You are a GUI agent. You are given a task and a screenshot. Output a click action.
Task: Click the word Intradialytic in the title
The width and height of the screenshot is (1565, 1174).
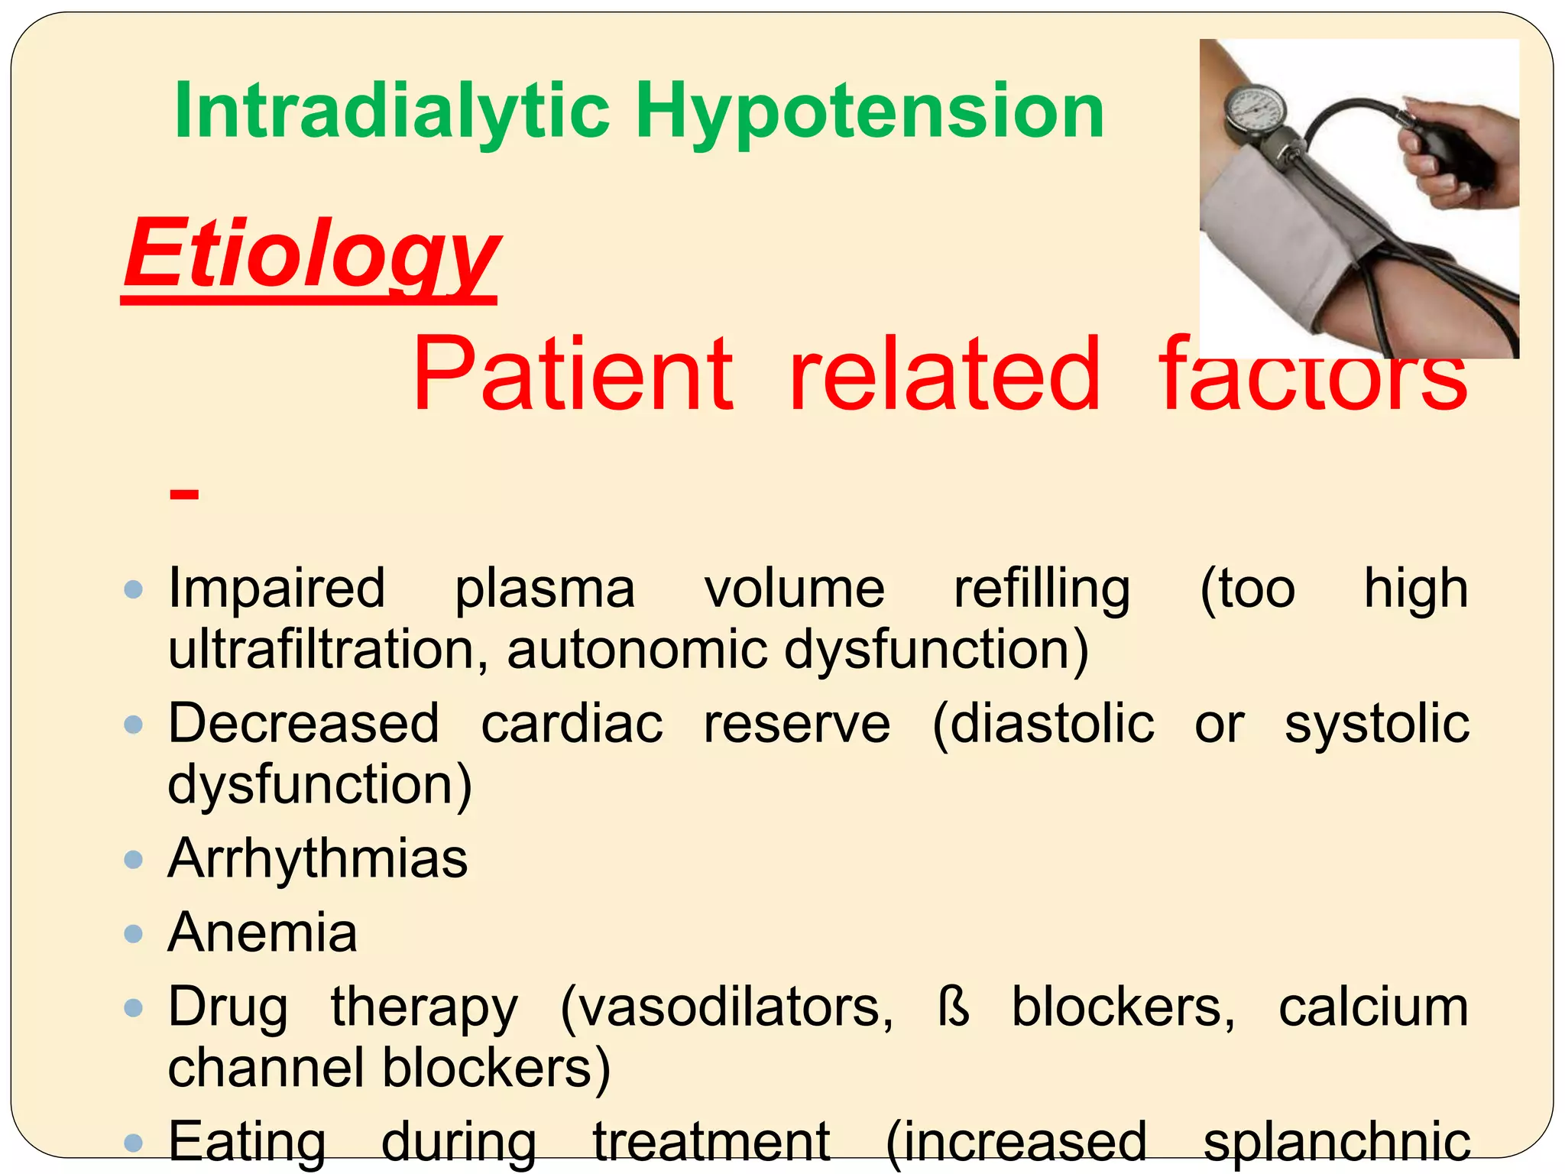tap(392, 112)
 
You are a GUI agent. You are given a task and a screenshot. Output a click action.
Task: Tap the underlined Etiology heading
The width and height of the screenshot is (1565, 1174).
tap(312, 255)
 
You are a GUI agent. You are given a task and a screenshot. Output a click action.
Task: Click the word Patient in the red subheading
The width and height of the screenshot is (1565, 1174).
tap(573, 375)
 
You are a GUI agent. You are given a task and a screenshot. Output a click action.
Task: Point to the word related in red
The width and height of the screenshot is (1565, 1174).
tap(945, 375)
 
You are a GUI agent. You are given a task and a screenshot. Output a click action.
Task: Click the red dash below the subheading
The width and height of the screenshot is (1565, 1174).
tap(184, 495)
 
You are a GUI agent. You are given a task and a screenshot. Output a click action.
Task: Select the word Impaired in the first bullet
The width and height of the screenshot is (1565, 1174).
tap(277, 589)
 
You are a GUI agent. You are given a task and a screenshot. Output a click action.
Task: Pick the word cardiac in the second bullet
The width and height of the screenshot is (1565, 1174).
tap(572, 723)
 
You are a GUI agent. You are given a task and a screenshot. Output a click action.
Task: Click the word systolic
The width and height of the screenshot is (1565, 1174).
tap(1376, 723)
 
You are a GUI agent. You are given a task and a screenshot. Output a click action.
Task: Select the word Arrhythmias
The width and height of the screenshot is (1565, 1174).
tap(317, 858)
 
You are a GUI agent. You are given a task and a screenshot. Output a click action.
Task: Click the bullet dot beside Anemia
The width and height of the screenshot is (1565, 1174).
tap(134, 933)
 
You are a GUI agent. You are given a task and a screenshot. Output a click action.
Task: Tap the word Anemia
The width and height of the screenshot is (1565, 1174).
tap(263, 933)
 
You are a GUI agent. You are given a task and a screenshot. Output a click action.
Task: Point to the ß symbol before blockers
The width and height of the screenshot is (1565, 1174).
tap(954, 1007)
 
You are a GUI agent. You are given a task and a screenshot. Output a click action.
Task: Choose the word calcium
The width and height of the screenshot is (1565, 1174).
tap(1373, 1007)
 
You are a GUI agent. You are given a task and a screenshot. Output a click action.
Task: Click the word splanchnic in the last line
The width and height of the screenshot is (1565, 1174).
tap(1337, 1141)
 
